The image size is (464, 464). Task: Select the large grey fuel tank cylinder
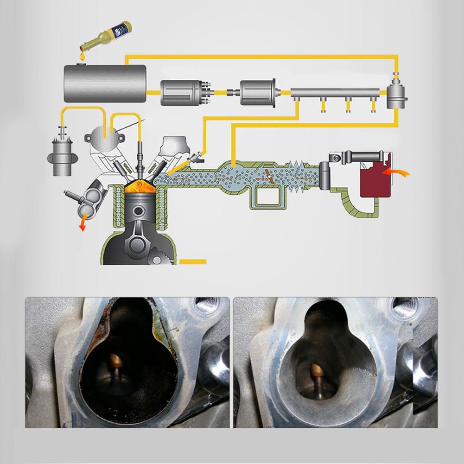pyautogui.click(x=105, y=83)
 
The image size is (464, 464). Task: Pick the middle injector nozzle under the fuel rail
pyautogui.click(x=347, y=106)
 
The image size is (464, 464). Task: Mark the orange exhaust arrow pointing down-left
pyautogui.click(x=83, y=225)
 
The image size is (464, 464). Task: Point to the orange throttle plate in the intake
pyautogui.click(x=270, y=177)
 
